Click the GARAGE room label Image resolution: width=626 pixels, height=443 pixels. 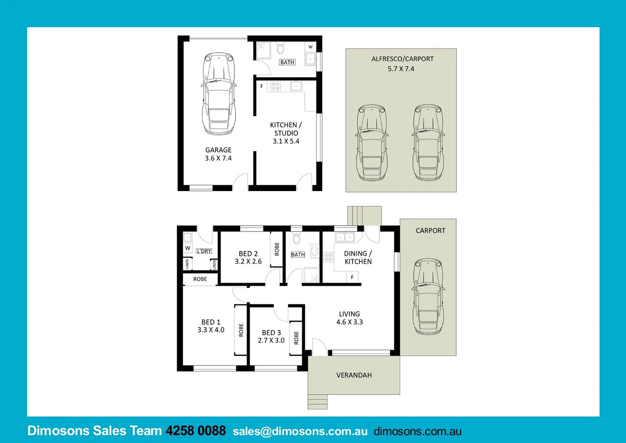point(218,150)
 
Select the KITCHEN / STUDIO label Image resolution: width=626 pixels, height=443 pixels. point(286,129)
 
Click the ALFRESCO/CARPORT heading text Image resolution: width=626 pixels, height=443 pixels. point(402,59)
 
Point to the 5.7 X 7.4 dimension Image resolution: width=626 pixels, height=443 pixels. point(401,69)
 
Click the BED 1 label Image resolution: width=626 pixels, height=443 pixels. point(211,322)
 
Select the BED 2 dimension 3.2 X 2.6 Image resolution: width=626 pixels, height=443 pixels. point(248,262)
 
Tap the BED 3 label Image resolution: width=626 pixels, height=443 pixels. point(271,333)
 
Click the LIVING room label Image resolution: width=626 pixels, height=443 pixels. point(349,314)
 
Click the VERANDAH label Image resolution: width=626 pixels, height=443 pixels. point(354,375)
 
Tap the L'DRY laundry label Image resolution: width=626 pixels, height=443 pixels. point(204,251)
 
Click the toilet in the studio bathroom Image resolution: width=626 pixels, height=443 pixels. point(280,48)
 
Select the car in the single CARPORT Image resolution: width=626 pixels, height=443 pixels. point(428,296)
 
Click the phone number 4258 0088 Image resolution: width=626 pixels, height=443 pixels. point(195,431)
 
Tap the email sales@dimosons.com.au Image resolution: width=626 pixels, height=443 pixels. point(300,432)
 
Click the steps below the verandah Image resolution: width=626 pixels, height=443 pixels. point(318,402)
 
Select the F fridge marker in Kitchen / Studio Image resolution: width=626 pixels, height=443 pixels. point(261,87)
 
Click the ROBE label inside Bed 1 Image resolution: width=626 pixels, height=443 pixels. point(241,330)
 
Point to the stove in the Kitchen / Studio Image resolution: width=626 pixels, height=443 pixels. point(276,86)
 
